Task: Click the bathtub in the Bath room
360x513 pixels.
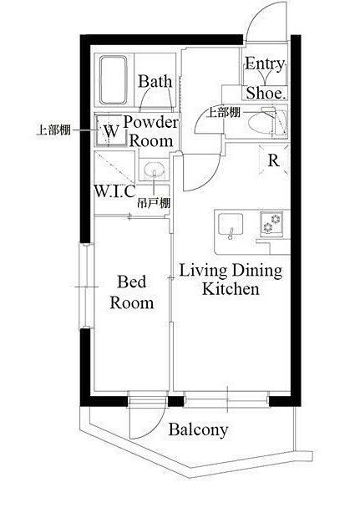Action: tap(113, 80)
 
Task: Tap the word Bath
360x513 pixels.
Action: tap(155, 81)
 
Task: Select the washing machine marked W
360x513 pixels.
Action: tap(111, 130)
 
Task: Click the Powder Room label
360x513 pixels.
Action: tap(151, 131)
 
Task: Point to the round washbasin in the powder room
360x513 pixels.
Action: tap(154, 170)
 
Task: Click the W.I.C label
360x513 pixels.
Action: tap(114, 191)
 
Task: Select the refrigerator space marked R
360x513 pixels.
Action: tap(274, 160)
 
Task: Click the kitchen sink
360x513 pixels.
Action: tap(231, 225)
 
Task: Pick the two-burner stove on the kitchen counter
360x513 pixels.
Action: tap(271, 223)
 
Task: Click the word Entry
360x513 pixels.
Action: tap(265, 63)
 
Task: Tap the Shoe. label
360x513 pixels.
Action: tap(266, 93)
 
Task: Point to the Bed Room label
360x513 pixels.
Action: tap(132, 292)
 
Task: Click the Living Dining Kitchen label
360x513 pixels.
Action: tap(231, 280)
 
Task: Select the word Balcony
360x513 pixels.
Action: tap(199, 429)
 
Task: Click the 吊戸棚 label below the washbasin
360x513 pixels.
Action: tap(154, 204)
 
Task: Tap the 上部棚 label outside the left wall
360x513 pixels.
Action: tap(53, 130)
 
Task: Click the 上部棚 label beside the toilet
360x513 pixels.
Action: tap(225, 113)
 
